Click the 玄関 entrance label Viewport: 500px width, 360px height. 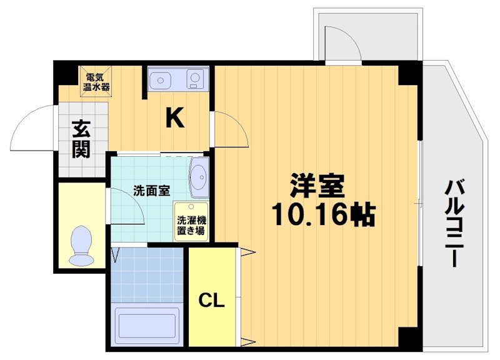(80, 137)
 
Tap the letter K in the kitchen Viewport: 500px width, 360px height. (174, 117)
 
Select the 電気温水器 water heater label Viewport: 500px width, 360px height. (97, 82)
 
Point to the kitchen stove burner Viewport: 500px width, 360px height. (196, 81)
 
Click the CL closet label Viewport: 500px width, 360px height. (211, 301)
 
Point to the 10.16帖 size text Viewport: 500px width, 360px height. (322, 216)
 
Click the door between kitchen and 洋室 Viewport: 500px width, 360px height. (229, 129)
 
